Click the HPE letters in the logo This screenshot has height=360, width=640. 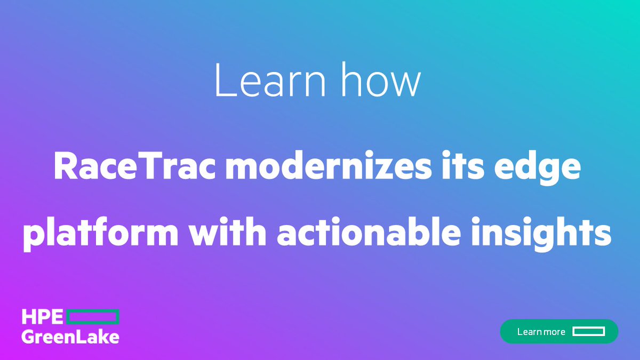coord(42,317)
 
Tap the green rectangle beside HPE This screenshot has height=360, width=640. coord(93,317)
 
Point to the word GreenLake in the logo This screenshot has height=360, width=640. coord(70,337)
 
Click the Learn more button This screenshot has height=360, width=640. coord(559,331)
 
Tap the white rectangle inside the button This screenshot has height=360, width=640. coord(588,331)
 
